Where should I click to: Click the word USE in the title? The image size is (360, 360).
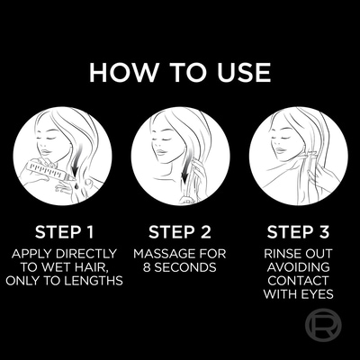(244, 72)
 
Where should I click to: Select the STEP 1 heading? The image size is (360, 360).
(65, 232)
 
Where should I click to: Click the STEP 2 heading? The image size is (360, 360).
(180, 232)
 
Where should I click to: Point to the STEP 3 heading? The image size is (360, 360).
(298, 232)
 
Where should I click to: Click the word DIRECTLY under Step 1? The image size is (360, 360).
(86, 254)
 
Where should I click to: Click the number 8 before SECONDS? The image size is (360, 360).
(147, 267)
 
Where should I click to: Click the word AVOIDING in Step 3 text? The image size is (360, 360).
(298, 267)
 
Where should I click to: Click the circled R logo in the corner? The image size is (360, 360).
(323, 326)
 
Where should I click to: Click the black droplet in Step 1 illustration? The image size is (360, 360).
(74, 186)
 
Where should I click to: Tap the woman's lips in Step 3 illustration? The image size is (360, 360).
(280, 150)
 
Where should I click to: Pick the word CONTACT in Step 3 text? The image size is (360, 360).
(298, 280)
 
